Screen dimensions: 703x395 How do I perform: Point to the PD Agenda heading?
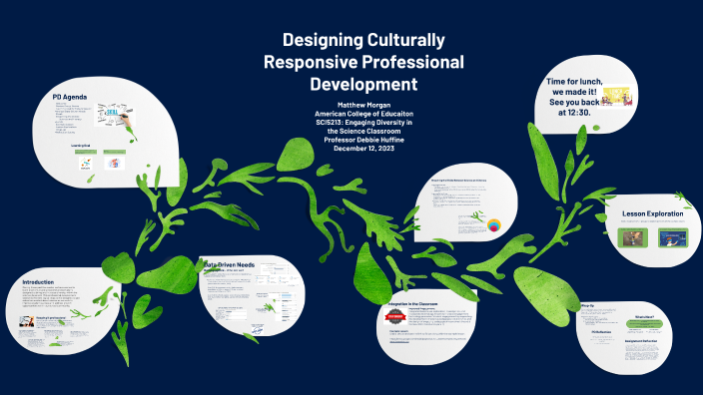(72, 97)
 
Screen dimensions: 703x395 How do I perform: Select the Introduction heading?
(39, 282)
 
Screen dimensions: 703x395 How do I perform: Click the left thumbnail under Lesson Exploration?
(630, 238)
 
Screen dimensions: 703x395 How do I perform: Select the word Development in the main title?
(362, 85)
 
